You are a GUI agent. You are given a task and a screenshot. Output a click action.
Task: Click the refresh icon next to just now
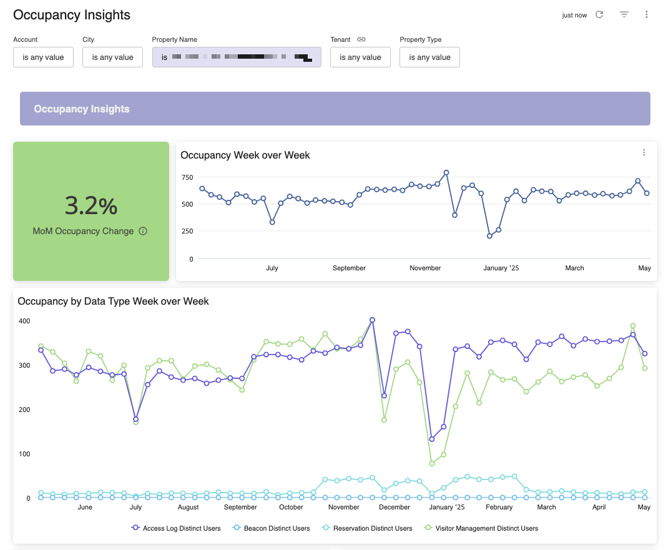coord(599,14)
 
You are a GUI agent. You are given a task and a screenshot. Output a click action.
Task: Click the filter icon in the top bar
coord(624,14)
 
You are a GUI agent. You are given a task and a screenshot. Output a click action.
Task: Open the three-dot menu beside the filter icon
coord(647,14)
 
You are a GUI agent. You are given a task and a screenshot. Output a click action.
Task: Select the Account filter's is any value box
coord(43,57)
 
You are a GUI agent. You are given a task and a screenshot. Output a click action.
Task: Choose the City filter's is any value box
coord(112,57)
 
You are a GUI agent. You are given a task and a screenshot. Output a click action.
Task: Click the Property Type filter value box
coord(429,57)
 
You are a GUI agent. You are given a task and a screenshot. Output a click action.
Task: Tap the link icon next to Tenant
coord(361,39)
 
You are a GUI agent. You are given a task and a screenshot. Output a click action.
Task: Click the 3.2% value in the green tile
coord(91,205)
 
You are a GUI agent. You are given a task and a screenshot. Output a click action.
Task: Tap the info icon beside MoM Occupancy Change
coord(143,231)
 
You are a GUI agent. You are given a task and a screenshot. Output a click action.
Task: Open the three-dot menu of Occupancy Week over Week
coord(644,152)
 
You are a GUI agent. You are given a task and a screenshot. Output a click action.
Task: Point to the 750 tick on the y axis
coord(187,177)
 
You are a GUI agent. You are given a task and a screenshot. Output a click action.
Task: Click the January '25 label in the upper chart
coord(501,268)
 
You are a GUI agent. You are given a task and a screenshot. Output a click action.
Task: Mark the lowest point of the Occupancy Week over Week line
coord(490,236)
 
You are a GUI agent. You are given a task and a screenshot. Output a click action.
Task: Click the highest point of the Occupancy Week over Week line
coord(446,172)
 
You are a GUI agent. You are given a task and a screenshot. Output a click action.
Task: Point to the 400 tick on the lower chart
coord(24,321)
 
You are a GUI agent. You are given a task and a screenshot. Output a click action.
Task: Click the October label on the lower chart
coord(291,507)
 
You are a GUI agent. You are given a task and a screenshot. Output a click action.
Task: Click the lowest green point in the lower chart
coord(432,463)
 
